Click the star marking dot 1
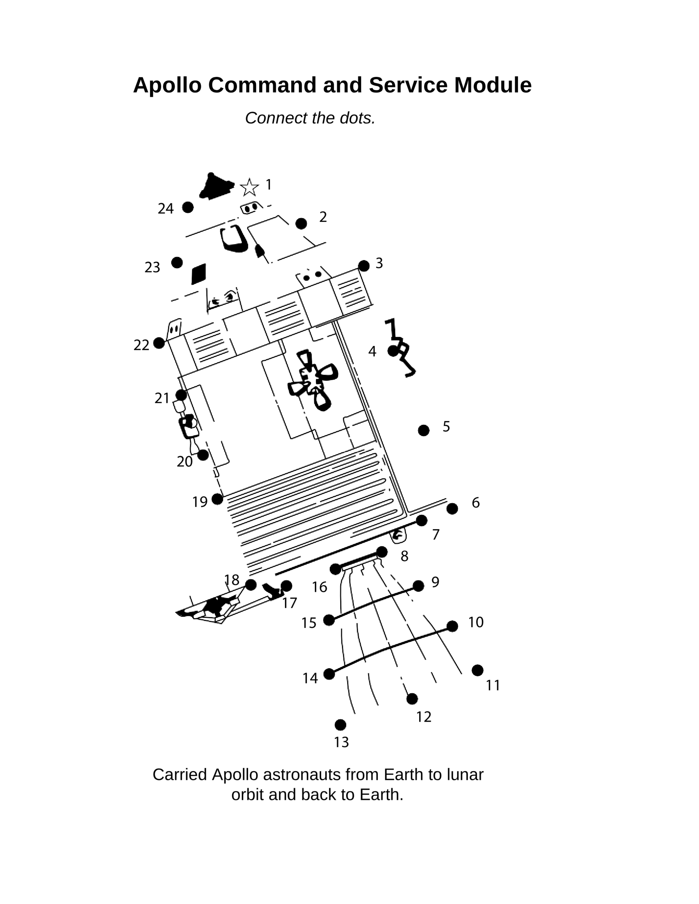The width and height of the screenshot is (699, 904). click(249, 187)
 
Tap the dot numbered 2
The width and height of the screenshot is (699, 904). click(301, 223)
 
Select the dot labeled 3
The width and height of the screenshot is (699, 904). click(363, 266)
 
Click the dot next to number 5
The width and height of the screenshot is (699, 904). click(424, 431)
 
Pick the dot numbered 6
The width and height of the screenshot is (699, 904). click(452, 509)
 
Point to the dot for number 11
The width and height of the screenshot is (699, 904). click(477, 670)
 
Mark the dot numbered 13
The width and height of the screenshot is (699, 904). click(340, 725)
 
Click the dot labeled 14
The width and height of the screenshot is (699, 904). click(329, 674)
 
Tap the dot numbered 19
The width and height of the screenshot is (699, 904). click(217, 499)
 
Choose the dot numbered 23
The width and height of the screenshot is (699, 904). click(177, 263)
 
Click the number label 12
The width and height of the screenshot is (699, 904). click(424, 717)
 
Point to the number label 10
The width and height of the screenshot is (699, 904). click(476, 622)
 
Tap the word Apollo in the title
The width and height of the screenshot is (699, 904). click(167, 85)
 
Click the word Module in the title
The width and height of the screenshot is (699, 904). click(493, 85)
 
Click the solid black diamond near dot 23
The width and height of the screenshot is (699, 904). click(199, 274)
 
